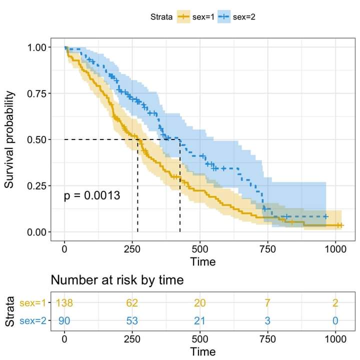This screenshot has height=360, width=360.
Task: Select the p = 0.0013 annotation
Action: tap(92, 195)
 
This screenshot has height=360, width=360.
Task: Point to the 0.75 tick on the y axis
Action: tap(35, 93)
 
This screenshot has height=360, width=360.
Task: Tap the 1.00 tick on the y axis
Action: tap(35, 47)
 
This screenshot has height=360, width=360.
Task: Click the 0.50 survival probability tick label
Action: tap(35, 139)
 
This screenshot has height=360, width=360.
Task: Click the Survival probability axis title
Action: tap(9, 139)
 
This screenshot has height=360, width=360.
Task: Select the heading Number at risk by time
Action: tap(117, 280)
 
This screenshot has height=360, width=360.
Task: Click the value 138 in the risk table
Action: tap(64, 303)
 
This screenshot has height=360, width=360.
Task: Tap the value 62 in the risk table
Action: tap(132, 303)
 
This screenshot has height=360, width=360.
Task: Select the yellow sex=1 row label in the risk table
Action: tap(33, 303)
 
